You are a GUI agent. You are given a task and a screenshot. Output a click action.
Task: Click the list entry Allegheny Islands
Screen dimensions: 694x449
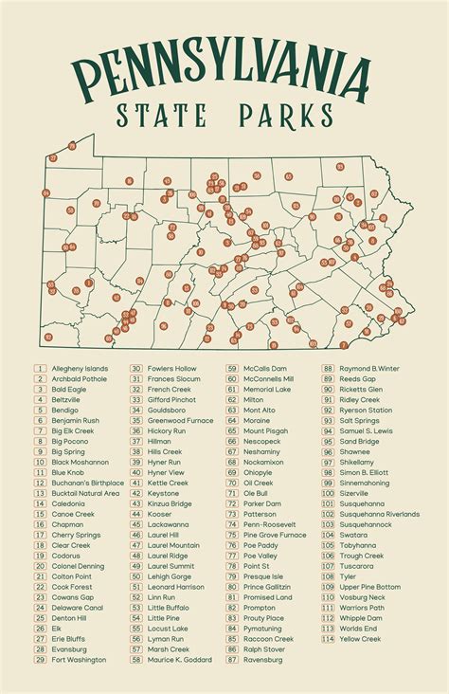[80, 368]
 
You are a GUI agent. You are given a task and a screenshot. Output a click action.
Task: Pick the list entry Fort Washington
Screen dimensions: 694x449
[79, 660]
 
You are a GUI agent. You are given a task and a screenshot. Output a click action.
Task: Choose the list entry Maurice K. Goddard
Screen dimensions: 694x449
[179, 660]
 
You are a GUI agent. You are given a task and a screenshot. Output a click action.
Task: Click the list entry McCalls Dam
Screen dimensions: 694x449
[264, 368]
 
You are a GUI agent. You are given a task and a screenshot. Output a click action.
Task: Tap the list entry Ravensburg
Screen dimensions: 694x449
[263, 660]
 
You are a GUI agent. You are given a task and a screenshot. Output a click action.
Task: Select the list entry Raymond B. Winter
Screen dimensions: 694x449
[369, 368]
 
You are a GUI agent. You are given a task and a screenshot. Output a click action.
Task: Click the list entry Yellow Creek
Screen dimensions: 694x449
[362, 639]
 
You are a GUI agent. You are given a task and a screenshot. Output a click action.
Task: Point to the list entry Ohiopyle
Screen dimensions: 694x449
[258, 472]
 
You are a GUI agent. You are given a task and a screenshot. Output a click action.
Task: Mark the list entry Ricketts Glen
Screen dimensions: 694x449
[362, 389]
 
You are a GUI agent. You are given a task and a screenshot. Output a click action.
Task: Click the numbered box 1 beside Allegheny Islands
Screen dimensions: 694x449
[40, 368]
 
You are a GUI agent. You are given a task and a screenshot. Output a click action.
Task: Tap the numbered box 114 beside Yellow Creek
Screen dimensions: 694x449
[328, 639]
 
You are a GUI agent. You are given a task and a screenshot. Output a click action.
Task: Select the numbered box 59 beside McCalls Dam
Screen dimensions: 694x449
[231, 368]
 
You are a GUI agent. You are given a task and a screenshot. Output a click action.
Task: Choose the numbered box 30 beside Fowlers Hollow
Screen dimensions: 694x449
[136, 368]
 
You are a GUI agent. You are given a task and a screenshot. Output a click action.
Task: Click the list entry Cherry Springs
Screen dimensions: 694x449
[76, 535]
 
